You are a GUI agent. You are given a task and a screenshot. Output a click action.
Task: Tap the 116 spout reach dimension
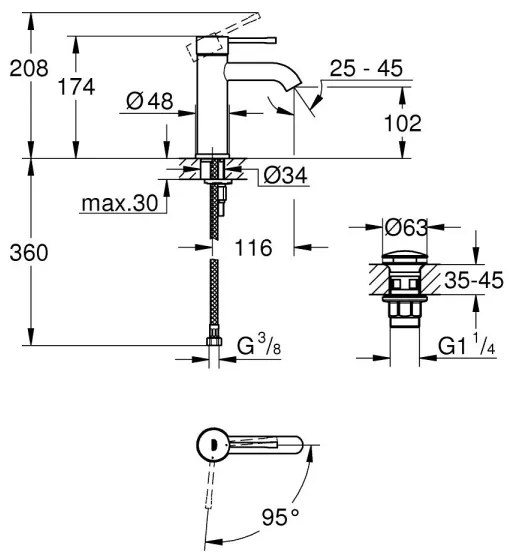tap(254, 247)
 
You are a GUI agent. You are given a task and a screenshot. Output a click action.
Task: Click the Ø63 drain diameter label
tap(406, 227)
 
